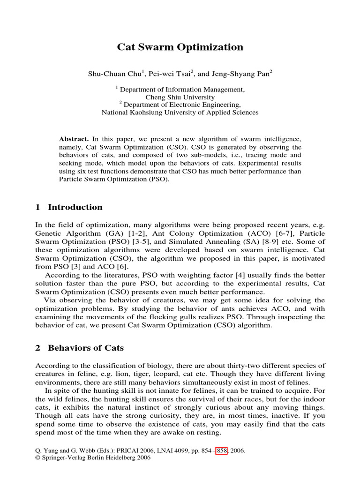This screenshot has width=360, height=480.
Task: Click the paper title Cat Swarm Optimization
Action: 180,47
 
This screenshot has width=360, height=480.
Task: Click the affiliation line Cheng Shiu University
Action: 180,97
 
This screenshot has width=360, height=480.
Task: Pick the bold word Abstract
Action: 74,139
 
